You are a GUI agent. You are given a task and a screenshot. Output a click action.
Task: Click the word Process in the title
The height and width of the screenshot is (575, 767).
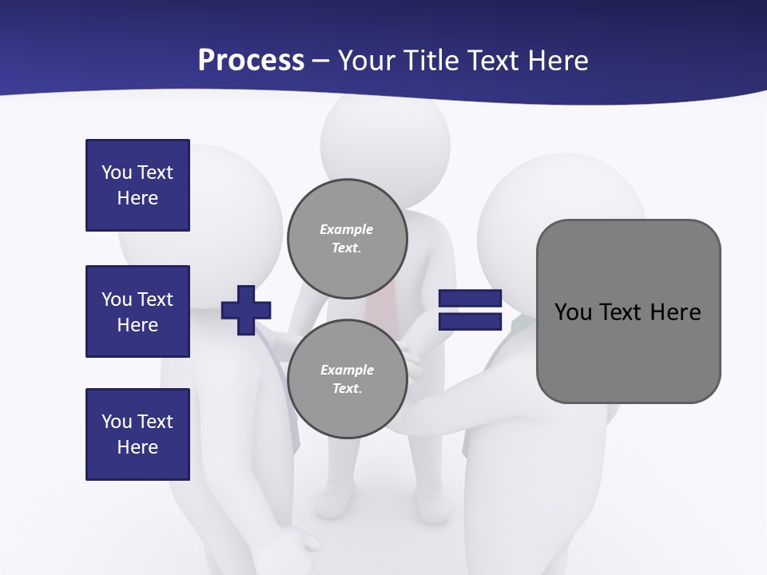(251, 61)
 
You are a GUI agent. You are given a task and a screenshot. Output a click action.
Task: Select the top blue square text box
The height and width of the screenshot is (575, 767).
(137, 185)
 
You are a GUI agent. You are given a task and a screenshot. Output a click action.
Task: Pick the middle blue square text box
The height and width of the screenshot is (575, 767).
(137, 311)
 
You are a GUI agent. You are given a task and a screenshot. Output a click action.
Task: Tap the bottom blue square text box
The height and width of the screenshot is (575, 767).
(137, 434)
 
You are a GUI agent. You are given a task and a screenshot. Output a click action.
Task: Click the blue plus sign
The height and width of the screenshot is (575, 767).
(246, 310)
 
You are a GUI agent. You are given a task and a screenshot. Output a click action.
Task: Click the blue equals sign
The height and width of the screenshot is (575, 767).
(470, 310)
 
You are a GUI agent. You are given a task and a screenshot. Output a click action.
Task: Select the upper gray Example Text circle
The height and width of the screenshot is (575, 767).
(348, 238)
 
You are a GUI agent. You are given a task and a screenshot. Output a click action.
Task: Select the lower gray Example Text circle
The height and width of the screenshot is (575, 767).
(348, 379)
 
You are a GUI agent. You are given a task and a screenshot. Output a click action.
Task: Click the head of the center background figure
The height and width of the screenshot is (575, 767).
(385, 140)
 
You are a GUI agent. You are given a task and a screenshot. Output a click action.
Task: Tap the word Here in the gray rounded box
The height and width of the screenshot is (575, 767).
(675, 312)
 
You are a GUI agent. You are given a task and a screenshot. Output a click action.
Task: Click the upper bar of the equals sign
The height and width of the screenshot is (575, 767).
(470, 299)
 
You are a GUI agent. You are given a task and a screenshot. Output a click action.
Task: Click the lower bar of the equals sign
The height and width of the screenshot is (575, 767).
(470, 322)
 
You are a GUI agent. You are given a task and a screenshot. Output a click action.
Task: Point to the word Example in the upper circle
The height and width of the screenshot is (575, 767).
(347, 229)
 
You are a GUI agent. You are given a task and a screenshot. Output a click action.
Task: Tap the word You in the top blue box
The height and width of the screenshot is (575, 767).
(116, 172)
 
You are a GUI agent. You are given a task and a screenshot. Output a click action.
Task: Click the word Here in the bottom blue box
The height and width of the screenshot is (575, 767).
(137, 447)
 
